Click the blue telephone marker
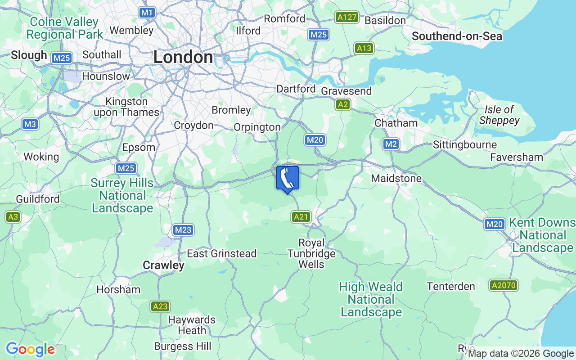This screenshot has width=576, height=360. (287, 179)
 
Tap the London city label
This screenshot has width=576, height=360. (183, 57)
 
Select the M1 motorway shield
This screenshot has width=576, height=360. (147, 13)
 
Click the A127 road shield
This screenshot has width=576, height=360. (346, 18)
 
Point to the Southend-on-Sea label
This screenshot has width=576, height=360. (457, 36)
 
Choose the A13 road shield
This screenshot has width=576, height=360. (364, 48)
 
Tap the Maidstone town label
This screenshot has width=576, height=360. (396, 179)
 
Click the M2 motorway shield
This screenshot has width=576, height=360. (391, 144)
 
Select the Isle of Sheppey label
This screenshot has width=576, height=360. (499, 115)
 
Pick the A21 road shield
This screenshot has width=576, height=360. (301, 217)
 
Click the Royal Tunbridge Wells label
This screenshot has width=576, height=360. (311, 253)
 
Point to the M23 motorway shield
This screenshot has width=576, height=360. (183, 230)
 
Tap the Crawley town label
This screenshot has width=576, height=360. (163, 265)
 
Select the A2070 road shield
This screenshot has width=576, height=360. (504, 285)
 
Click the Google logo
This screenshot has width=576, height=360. (30, 349)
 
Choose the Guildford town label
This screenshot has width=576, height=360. (37, 198)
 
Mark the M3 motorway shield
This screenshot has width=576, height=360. (30, 124)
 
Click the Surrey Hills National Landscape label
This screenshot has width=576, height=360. (122, 196)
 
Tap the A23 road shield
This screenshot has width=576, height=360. (160, 307)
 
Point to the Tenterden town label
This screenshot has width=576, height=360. (450, 287)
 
